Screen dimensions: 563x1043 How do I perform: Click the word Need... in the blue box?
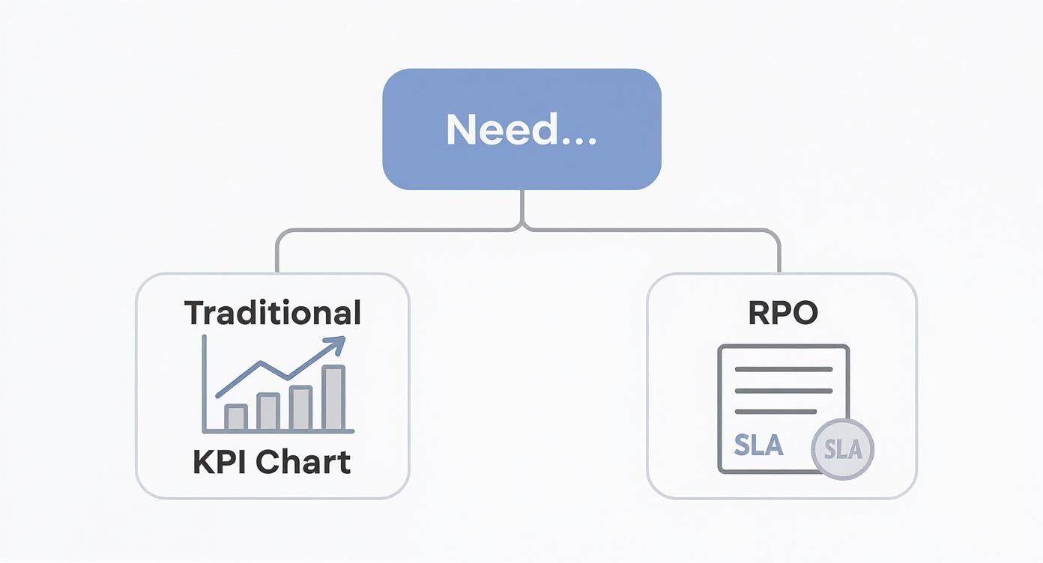521,130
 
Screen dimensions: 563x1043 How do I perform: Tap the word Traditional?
273,312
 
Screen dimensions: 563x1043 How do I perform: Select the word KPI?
221,462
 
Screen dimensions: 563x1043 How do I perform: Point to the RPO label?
783,313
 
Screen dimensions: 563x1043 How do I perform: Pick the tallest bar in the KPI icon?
333,398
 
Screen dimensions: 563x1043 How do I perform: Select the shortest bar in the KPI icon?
236,417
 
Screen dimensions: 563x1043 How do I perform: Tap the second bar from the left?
268,412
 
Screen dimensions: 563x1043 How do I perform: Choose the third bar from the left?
300,408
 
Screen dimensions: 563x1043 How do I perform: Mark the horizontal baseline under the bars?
278,432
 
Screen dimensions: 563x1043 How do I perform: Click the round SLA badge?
843,449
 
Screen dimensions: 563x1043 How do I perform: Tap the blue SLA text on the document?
758,445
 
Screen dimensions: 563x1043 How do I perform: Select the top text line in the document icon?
784,369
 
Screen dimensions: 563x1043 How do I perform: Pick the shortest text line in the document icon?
776,411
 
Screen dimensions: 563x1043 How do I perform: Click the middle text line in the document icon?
784,390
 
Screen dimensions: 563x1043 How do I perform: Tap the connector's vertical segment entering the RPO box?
779,255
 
